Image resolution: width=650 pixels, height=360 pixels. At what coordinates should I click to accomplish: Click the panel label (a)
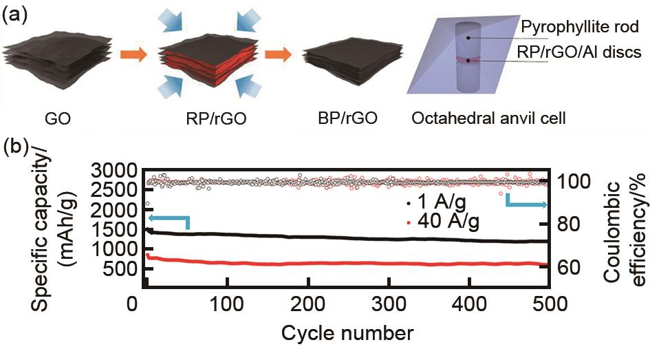click(16, 14)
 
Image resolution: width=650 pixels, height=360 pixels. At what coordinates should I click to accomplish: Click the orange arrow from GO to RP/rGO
click(133, 55)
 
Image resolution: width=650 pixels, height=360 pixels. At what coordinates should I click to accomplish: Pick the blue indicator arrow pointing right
click(526, 202)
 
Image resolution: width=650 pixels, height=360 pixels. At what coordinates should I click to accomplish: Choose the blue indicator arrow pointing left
click(168, 220)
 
